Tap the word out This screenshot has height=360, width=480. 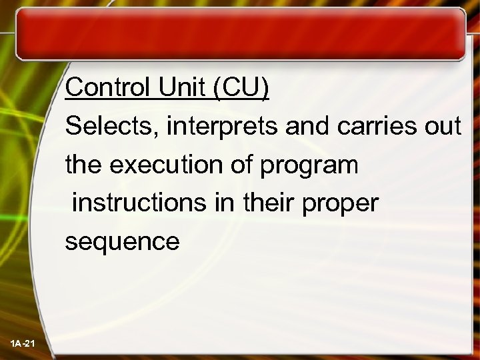click(x=443, y=127)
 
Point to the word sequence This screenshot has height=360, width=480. click(x=122, y=242)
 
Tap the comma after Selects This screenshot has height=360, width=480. click(x=156, y=133)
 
